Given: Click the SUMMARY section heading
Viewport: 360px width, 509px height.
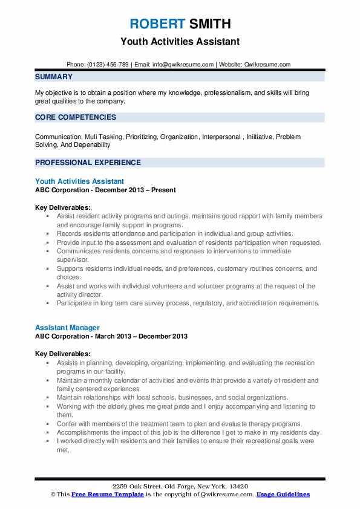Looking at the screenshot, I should click(54, 77).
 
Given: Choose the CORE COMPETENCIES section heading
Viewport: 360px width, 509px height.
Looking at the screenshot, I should click(76, 117).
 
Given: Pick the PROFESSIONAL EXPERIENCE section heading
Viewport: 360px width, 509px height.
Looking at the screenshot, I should click(88, 163).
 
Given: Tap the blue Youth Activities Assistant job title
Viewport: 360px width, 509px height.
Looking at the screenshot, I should click(80, 181).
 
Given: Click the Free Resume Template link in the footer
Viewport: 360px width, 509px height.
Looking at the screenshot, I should click(108, 494).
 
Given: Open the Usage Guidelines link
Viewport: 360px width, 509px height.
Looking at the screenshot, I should click(283, 494).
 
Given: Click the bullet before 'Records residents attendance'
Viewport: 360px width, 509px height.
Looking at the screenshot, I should click(47, 233).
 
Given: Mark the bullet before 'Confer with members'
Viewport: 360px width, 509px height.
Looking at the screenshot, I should click(47, 424).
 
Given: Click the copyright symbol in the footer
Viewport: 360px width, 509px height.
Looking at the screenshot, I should click(53, 494).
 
